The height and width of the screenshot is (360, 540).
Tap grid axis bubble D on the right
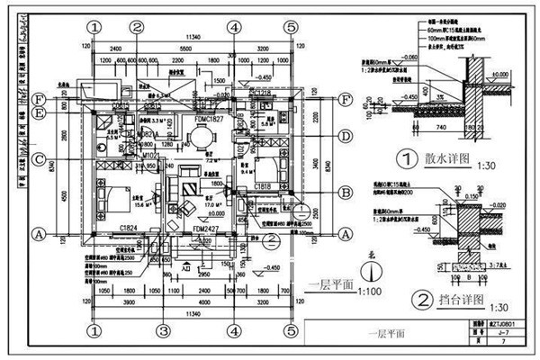[x=346, y=136]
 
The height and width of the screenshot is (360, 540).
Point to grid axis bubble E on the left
[x=40, y=112]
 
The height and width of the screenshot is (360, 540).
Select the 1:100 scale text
[x=367, y=292]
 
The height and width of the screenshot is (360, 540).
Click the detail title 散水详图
[x=447, y=159]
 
